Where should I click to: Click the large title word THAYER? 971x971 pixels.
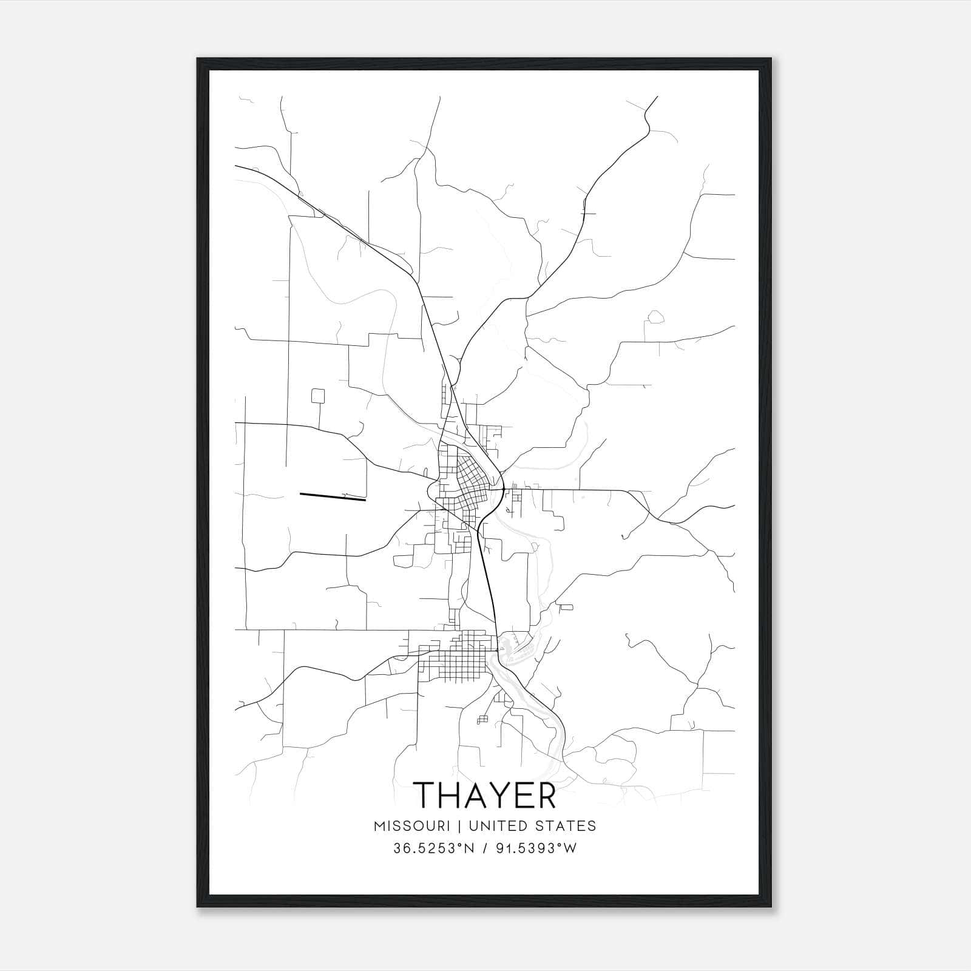(x=484, y=795)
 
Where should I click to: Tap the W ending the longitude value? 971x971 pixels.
(x=570, y=848)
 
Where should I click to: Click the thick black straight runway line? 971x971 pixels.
(x=333, y=497)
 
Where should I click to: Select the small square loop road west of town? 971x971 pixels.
(x=318, y=396)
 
